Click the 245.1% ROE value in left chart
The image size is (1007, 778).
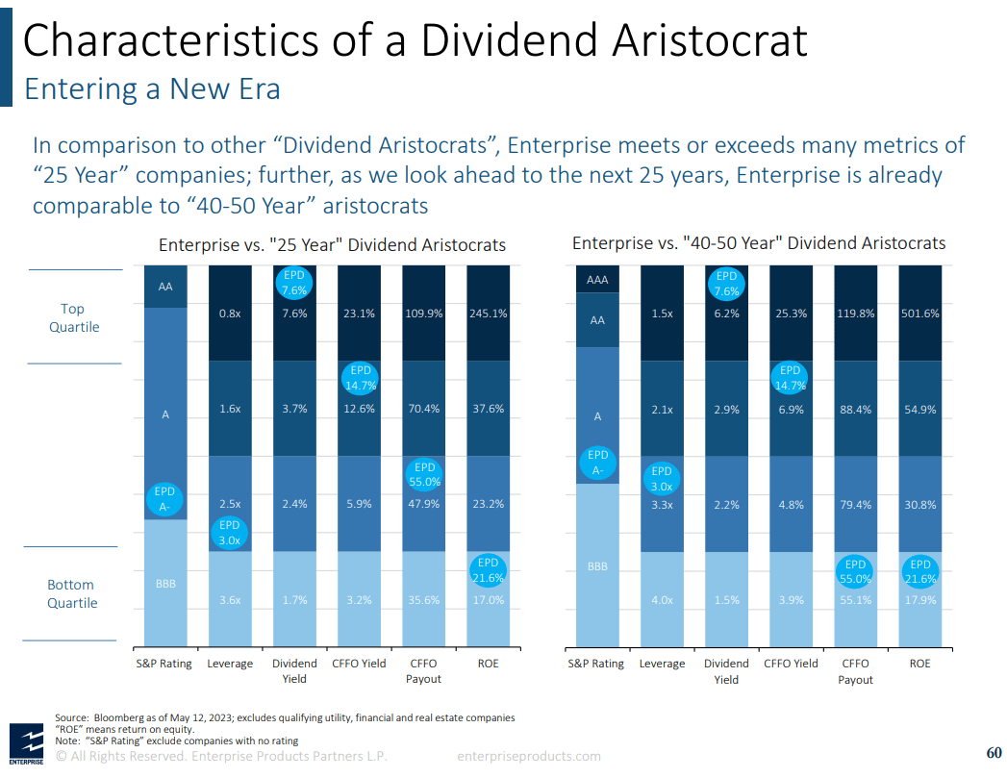click(x=488, y=313)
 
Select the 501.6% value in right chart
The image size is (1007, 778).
click(x=920, y=314)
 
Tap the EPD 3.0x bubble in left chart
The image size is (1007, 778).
click(x=229, y=533)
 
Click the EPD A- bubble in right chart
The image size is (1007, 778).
click(x=598, y=463)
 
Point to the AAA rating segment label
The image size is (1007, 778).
click(x=597, y=280)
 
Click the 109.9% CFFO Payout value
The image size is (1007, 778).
click(x=423, y=313)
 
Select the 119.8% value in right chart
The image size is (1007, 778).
click(x=855, y=314)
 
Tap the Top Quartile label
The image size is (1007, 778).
click(x=73, y=317)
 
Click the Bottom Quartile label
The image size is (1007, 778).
click(x=72, y=593)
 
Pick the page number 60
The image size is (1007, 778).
click(x=994, y=752)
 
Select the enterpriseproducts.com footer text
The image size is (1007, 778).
click(x=529, y=757)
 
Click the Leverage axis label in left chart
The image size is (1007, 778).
click(x=230, y=664)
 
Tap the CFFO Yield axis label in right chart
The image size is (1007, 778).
click(x=791, y=664)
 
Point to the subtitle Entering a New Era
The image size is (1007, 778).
click(x=152, y=89)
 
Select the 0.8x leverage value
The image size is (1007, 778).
click(x=230, y=313)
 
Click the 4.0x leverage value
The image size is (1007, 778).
click(x=662, y=600)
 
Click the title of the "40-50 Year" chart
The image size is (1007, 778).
click(x=759, y=243)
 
